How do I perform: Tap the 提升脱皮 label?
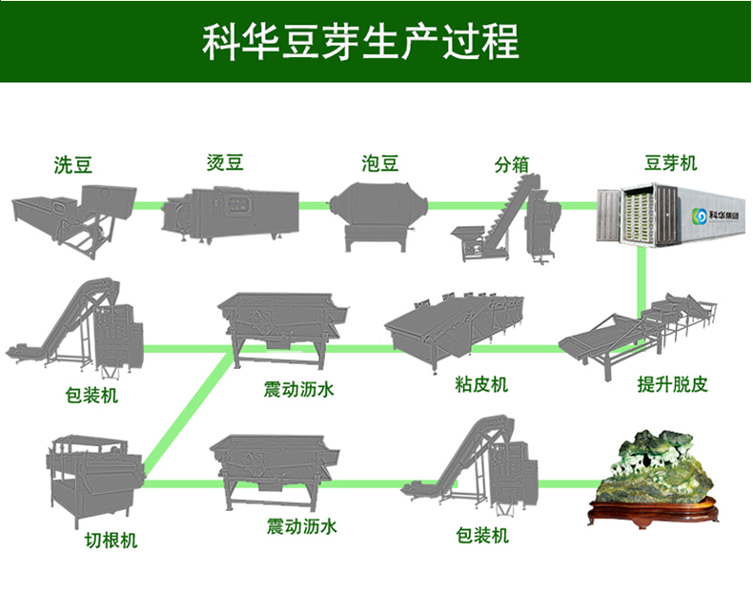pyautogui.click(x=672, y=385)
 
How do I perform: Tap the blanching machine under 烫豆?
pyautogui.click(x=229, y=212)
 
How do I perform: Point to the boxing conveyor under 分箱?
pyautogui.click(x=505, y=221)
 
